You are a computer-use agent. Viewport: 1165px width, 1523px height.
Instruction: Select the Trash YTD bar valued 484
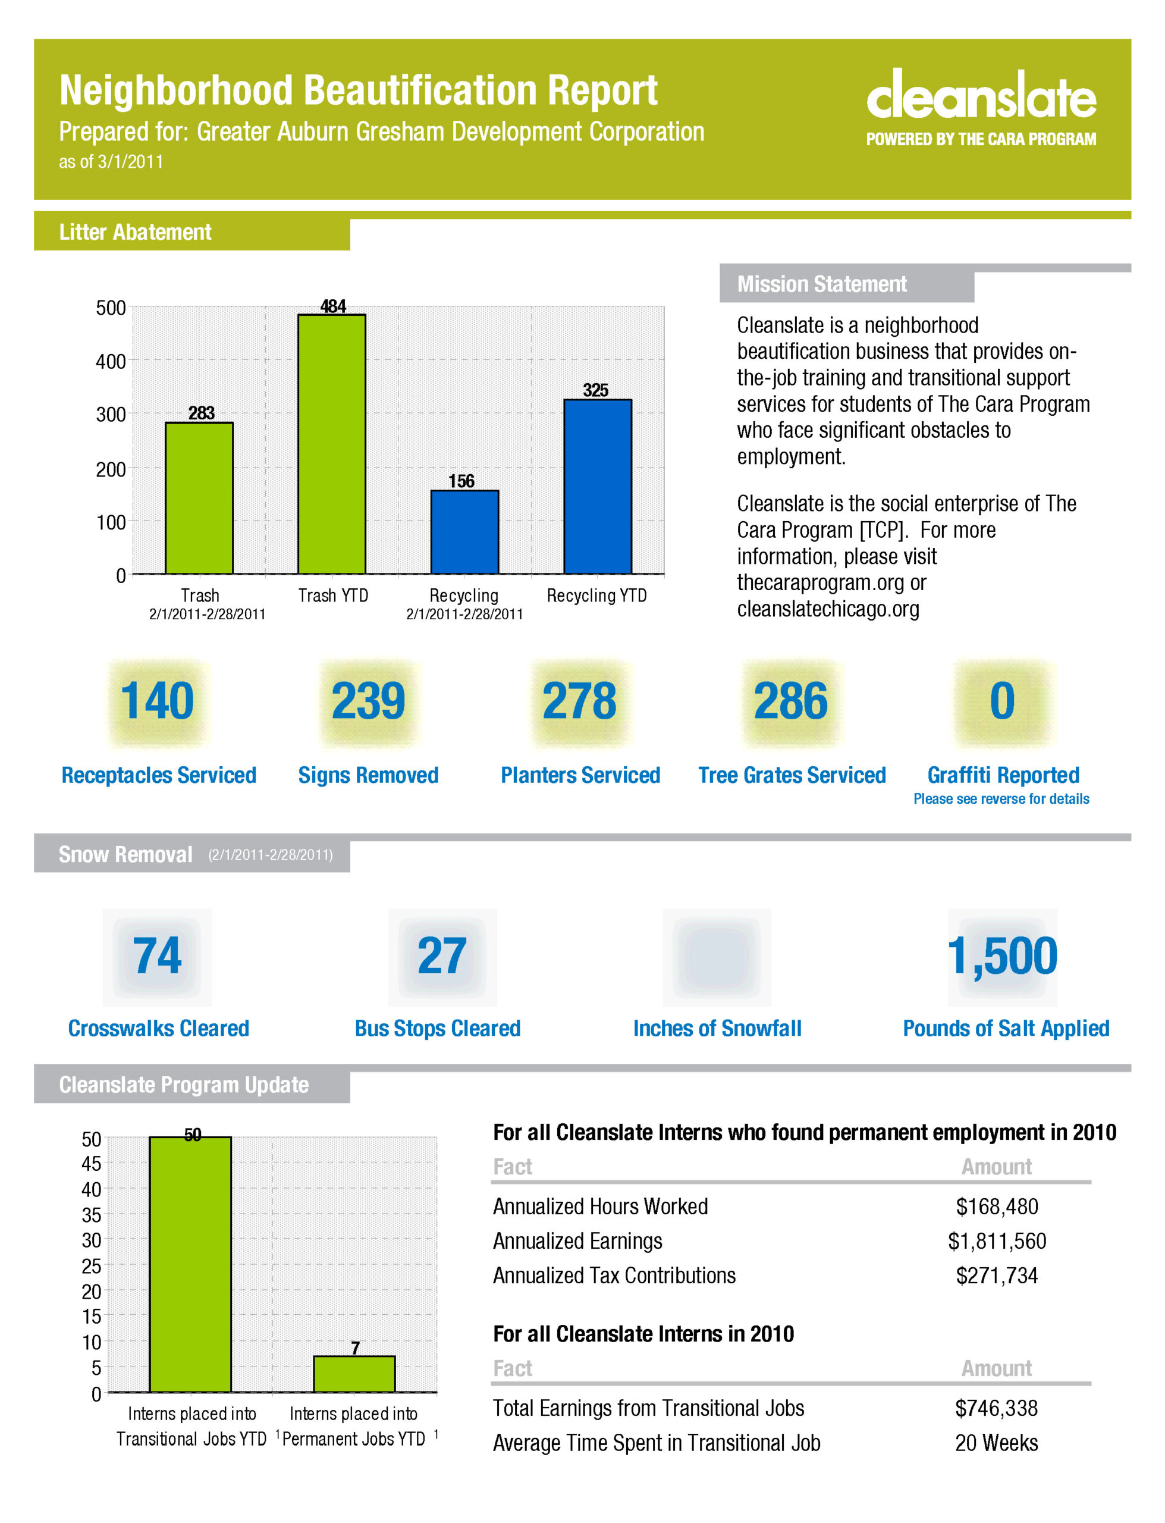[331, 444]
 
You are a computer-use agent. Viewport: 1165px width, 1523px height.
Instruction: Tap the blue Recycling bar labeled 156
[464, 532]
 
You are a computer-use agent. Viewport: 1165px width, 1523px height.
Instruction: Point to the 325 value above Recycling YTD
[596, 390]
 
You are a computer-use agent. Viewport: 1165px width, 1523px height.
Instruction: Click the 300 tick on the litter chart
[111, 414]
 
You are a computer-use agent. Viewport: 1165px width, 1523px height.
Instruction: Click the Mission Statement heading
[822, 284]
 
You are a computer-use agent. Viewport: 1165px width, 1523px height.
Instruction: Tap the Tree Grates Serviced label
[792, 775]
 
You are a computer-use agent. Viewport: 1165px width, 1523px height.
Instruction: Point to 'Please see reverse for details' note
[1001, 799]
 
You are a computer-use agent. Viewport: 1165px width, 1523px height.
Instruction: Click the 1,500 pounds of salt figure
[1003, 957]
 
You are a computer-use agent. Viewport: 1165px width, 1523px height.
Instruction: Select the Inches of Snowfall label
[717, 1028]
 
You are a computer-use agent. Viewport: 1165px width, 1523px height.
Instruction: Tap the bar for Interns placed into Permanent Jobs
[354, 1374]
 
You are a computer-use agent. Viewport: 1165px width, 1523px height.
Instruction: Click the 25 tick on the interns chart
[92, 1266]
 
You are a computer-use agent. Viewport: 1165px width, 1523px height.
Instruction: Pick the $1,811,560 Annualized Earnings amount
[997, 1241]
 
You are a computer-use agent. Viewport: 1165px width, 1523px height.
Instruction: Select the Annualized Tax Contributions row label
[614, 1276]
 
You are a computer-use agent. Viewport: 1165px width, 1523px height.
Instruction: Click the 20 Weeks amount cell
[997, 1443]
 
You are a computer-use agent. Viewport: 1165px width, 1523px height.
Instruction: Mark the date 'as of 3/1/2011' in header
[111, 162]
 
